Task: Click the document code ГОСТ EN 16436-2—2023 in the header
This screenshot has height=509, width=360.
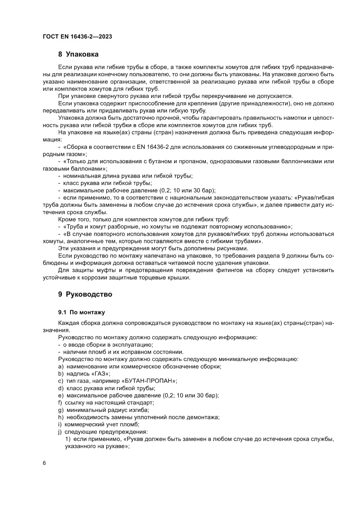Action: (77, 37)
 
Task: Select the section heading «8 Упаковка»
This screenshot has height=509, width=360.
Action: (78, 54)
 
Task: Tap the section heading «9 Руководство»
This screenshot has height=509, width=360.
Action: (85, 294)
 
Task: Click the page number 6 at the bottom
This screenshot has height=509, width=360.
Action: (44, 462)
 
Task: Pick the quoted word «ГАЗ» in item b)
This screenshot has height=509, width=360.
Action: (102, 374)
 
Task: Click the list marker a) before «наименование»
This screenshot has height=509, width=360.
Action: (60, 367)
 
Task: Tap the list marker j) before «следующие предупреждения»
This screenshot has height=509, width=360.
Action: (60, 431)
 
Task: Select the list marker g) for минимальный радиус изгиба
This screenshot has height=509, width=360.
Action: (60, 410)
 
